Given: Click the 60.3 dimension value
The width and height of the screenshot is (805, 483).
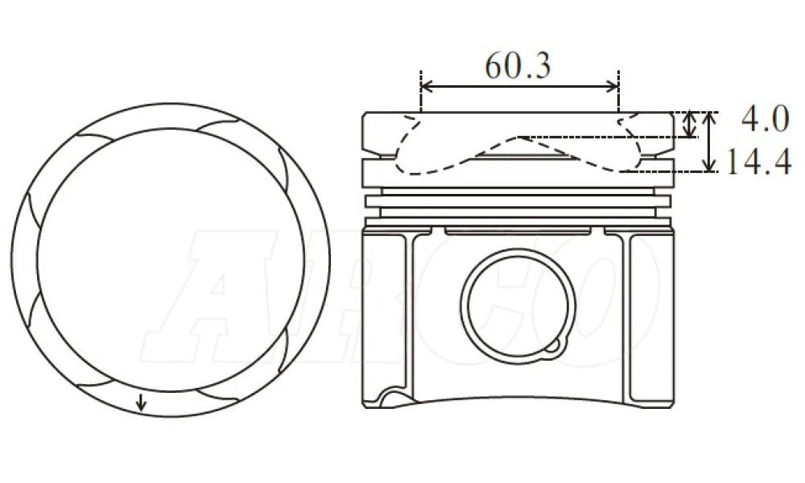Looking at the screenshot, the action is tap(518, 66).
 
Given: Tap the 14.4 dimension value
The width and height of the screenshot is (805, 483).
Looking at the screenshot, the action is tap(759, 162).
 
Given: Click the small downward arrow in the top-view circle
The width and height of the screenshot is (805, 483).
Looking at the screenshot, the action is tap(141, 402).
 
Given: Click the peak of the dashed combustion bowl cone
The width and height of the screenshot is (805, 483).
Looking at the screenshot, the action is tap(519, 137).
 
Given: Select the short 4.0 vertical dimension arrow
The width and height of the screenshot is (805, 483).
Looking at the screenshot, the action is tap(691, 124).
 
